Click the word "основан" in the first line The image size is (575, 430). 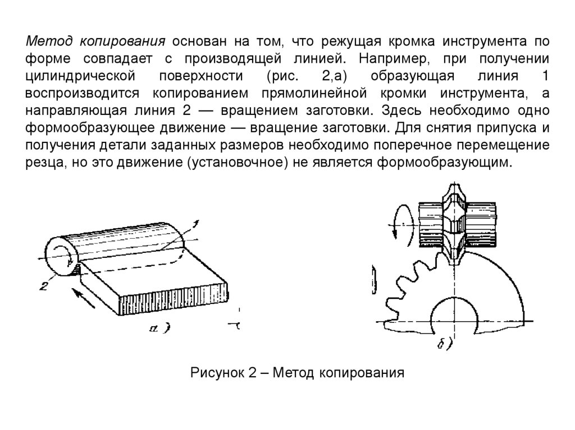click(x=199, y=41)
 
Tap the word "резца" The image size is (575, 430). click(x=43, y=163)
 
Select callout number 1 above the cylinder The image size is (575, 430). click(x=195, y=225)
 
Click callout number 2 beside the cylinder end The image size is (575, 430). click(x=43, y=286)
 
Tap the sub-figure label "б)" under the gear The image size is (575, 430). click(x=444, y=343)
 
